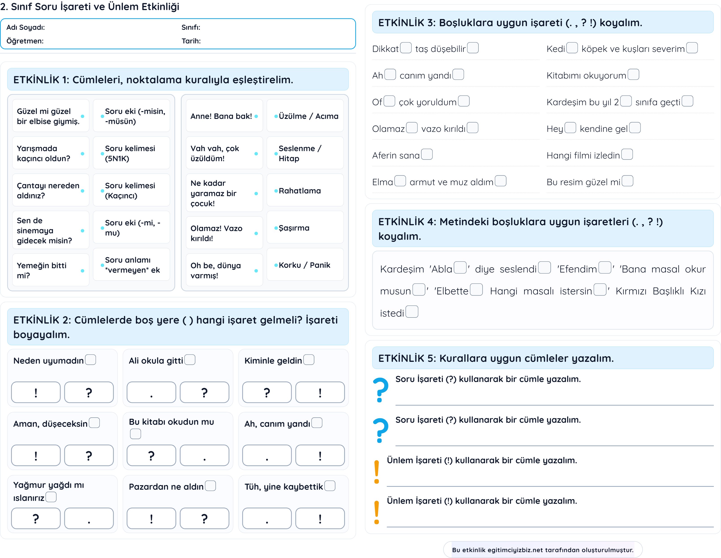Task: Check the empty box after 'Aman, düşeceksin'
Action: pyautogui.click(x=94, y=423)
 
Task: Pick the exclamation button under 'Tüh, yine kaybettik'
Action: pyautogui.click(x=320, y=518)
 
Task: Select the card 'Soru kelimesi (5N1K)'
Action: pyautogui.click(x=131, y=153)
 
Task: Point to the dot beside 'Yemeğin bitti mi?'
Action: pyautogui.click(x=83, y=271)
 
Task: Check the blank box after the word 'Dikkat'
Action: pyautogui.click(x=406, y=48)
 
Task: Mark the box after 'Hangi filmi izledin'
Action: pyautogui.click(x=627, y=154)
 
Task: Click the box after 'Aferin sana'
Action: pyautogui.click(x=427, y=154)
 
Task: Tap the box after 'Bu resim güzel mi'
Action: pyautogui.click(x=628, y=181)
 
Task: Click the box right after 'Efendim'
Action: pyautogui.click(x=605, y=267)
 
